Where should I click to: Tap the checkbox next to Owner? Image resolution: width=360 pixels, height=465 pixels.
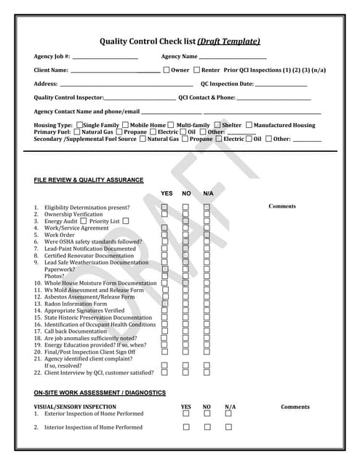pos(167,70)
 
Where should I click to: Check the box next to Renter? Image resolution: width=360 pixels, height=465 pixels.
pos(196,70)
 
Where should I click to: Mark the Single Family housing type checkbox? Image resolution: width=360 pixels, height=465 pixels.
pos(79,125)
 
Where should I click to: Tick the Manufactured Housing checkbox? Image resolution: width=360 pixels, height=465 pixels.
pos(249,125)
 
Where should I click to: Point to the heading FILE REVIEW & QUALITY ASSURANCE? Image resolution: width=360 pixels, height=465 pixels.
pos(89,180)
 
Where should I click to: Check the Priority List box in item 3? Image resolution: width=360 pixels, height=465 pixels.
pos(126,221)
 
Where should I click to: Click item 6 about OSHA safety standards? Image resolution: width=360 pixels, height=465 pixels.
pos(93,241)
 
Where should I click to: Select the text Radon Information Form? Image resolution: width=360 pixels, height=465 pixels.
pos(80,304)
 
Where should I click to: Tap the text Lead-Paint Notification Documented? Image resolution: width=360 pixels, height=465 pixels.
pos(89,248)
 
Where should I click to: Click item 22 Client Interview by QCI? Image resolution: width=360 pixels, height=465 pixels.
pos(98,372)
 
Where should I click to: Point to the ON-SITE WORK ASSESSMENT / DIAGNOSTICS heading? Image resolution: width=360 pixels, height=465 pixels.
pos(100,393)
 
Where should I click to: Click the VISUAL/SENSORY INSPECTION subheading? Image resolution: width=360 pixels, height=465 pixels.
pos(75,407)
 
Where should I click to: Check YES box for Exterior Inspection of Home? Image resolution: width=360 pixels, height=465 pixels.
pos(185,413)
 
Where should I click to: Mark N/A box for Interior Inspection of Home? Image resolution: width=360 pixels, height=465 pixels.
pos(228,427)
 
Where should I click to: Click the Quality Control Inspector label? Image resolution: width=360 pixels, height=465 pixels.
pos(68,97)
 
